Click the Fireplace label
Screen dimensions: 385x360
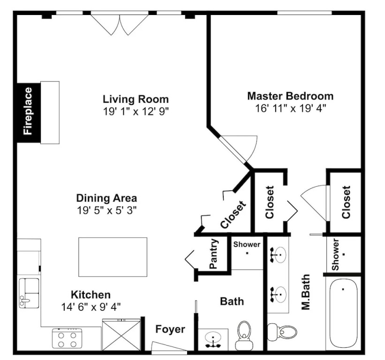tap(28, 111)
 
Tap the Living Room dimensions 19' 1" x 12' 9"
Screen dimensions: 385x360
tap(136, 112)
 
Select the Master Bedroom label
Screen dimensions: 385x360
tap(290, 96)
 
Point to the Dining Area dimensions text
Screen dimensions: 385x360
tap(106, 210)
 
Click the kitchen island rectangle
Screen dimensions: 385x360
tap(113, 257)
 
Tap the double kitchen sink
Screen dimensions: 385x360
tap(29, 293)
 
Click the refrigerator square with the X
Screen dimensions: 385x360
tap(121, 335)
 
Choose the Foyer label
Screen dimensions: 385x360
tap(170, 330)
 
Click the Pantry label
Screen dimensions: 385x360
tap(214, 254)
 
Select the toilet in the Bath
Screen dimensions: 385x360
tap(244, 336)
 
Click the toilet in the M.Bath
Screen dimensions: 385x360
tap(282, 332)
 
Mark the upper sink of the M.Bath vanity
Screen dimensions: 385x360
tap(278, 255)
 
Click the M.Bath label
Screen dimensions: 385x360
tap(306, 292)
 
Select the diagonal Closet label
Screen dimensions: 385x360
tap(233, 215)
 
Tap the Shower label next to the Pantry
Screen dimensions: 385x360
tap(247, 244)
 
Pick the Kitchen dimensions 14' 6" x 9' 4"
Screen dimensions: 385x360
tap(91, 307)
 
